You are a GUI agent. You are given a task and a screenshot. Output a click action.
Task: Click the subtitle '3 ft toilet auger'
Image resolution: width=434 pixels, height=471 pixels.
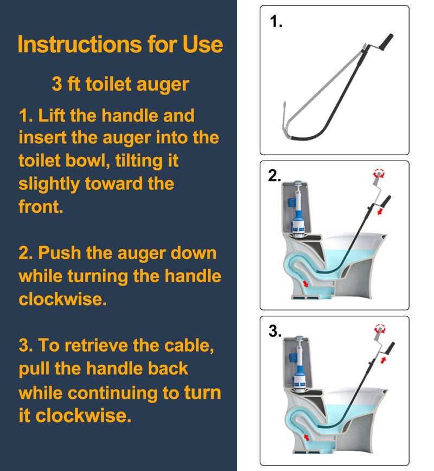click(x=120, y=84)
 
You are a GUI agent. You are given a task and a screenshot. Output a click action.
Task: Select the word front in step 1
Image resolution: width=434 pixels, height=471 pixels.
click(x=41, y=207)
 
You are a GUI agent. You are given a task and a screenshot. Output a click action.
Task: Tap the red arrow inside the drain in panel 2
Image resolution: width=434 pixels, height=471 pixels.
click(x=308, y=283)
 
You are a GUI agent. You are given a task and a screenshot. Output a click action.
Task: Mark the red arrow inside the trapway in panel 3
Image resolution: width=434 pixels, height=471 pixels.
click(x=308, y=436)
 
